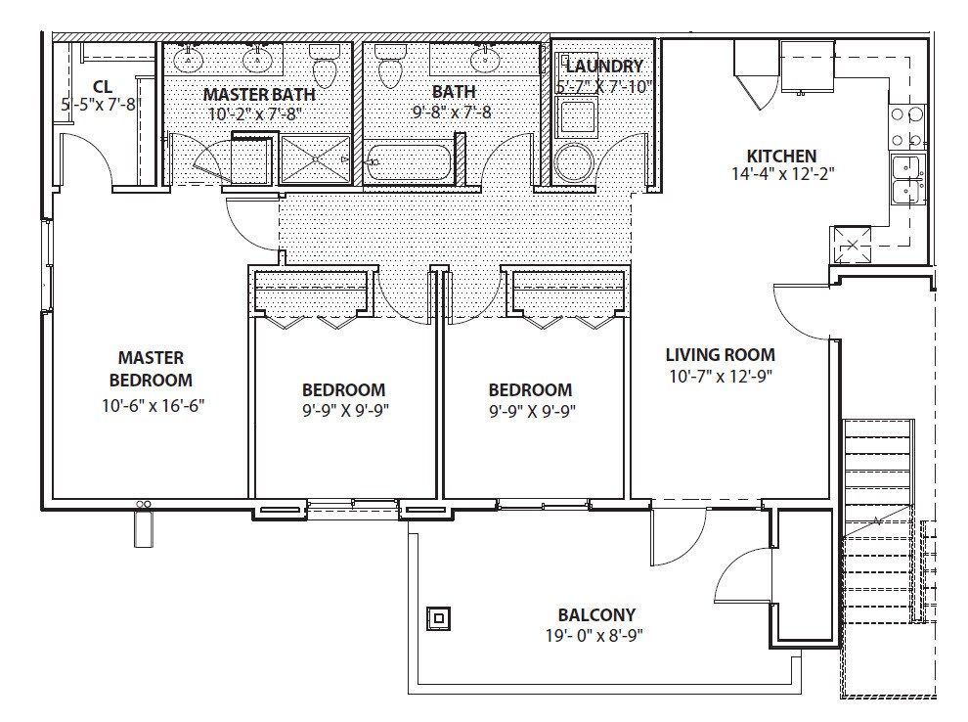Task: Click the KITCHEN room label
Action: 781,156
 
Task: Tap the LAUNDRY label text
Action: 604,66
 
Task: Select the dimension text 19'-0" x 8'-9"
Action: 594,636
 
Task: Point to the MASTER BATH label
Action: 259,95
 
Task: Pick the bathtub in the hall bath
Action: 408,162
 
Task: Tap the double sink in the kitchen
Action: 908,180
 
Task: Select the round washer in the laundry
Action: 575,162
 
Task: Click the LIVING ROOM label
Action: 720,354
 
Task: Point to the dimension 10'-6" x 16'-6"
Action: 154,406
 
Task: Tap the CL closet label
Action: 103,86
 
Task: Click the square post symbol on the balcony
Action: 438,617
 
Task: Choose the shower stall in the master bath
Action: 316,159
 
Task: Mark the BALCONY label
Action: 596,615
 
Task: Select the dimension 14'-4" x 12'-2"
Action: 783,174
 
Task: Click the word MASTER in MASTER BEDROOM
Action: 151,358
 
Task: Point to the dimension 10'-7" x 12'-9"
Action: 721,376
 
